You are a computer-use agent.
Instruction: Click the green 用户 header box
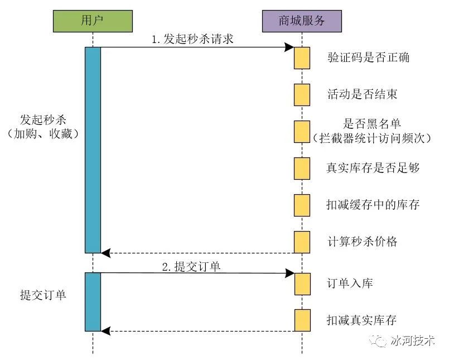[93, 21]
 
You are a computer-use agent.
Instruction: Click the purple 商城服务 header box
[302, 21]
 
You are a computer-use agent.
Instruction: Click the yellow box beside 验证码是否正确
[302, 58]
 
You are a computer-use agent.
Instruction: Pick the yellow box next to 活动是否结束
[302, 94]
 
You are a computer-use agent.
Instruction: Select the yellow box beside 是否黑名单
[302, 131]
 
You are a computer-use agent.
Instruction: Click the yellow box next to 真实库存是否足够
[302, 168]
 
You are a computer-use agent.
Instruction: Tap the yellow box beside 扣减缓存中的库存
[302, 205]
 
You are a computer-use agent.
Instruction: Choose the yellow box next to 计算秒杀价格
[302, 242]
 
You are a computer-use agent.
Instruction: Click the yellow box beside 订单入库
[302, 284]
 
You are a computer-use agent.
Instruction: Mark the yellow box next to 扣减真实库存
[302, 320]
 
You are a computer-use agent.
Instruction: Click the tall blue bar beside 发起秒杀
[93, 150]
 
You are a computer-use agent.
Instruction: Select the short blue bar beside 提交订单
[93, 301]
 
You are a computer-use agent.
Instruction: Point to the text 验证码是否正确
[369, 57]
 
